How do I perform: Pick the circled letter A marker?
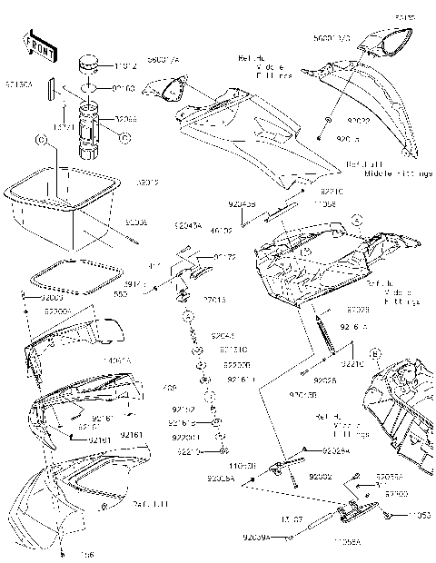point(358,221)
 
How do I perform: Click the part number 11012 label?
point(126,66)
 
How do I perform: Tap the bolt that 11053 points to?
point(390,516)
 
